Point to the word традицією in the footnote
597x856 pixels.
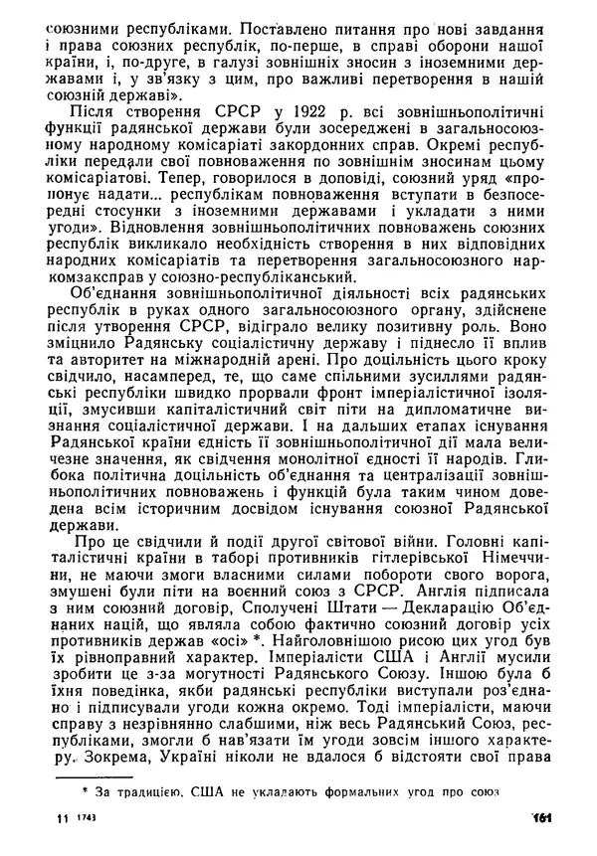(x=147, y=792)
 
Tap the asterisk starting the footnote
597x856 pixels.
(x=87, y=791)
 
